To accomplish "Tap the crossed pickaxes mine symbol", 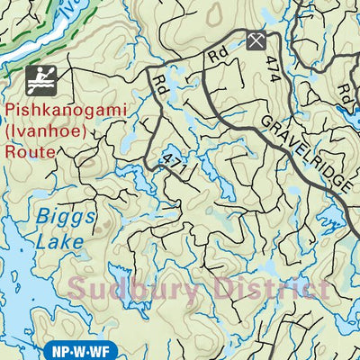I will coord(257,40).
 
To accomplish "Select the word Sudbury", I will coord(131,289).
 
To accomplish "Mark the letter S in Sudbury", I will coord(78,289).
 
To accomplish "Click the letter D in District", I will coord(214,289).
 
